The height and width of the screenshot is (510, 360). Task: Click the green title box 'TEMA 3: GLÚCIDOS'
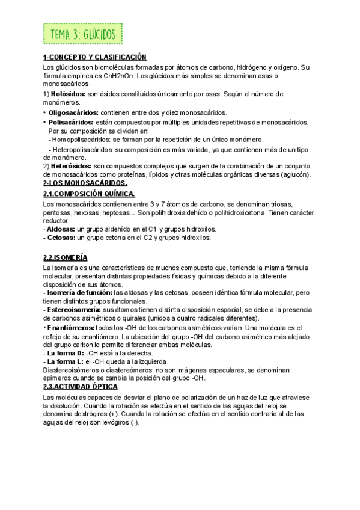click(x=83, y=34)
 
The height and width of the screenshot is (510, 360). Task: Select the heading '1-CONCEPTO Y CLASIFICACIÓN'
click(x=95, y=57)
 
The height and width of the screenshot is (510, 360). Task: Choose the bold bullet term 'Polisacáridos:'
click(x=71, y=121)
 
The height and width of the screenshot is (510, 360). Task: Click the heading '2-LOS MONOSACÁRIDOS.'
click(x=85, y=183)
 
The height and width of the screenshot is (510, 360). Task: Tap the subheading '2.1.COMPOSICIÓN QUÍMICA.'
click(x=90, y=193)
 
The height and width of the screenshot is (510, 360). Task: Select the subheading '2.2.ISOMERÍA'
click(x=66, y=257)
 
